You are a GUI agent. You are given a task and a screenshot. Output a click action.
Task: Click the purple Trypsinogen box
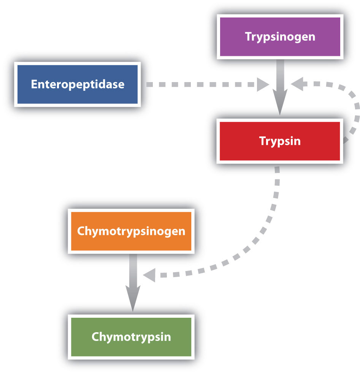pos(280,37)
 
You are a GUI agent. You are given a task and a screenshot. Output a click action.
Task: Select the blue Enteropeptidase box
pos(78,84)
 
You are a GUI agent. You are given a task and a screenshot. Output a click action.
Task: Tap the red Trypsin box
pos(280,141)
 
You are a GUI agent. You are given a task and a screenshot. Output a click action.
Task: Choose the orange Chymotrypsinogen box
pos(131,231)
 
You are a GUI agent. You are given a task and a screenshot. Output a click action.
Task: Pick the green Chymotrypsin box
pos(131,337)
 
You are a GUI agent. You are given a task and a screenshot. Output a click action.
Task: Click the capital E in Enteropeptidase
pos(34,84)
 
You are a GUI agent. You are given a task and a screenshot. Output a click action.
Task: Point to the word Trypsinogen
pos(280,37)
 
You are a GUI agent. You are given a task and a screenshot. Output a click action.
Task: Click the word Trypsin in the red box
pos(280,141)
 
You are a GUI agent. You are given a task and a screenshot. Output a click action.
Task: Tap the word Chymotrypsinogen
pos(131,231)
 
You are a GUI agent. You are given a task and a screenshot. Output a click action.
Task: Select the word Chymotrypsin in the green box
pos(131,337)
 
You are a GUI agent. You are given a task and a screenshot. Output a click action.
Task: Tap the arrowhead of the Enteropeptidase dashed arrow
pos(262,84)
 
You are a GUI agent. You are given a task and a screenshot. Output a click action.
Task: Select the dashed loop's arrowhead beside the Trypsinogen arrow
pos(297,84)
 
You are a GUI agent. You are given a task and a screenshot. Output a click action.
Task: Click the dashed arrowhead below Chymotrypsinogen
pos(149,275)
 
